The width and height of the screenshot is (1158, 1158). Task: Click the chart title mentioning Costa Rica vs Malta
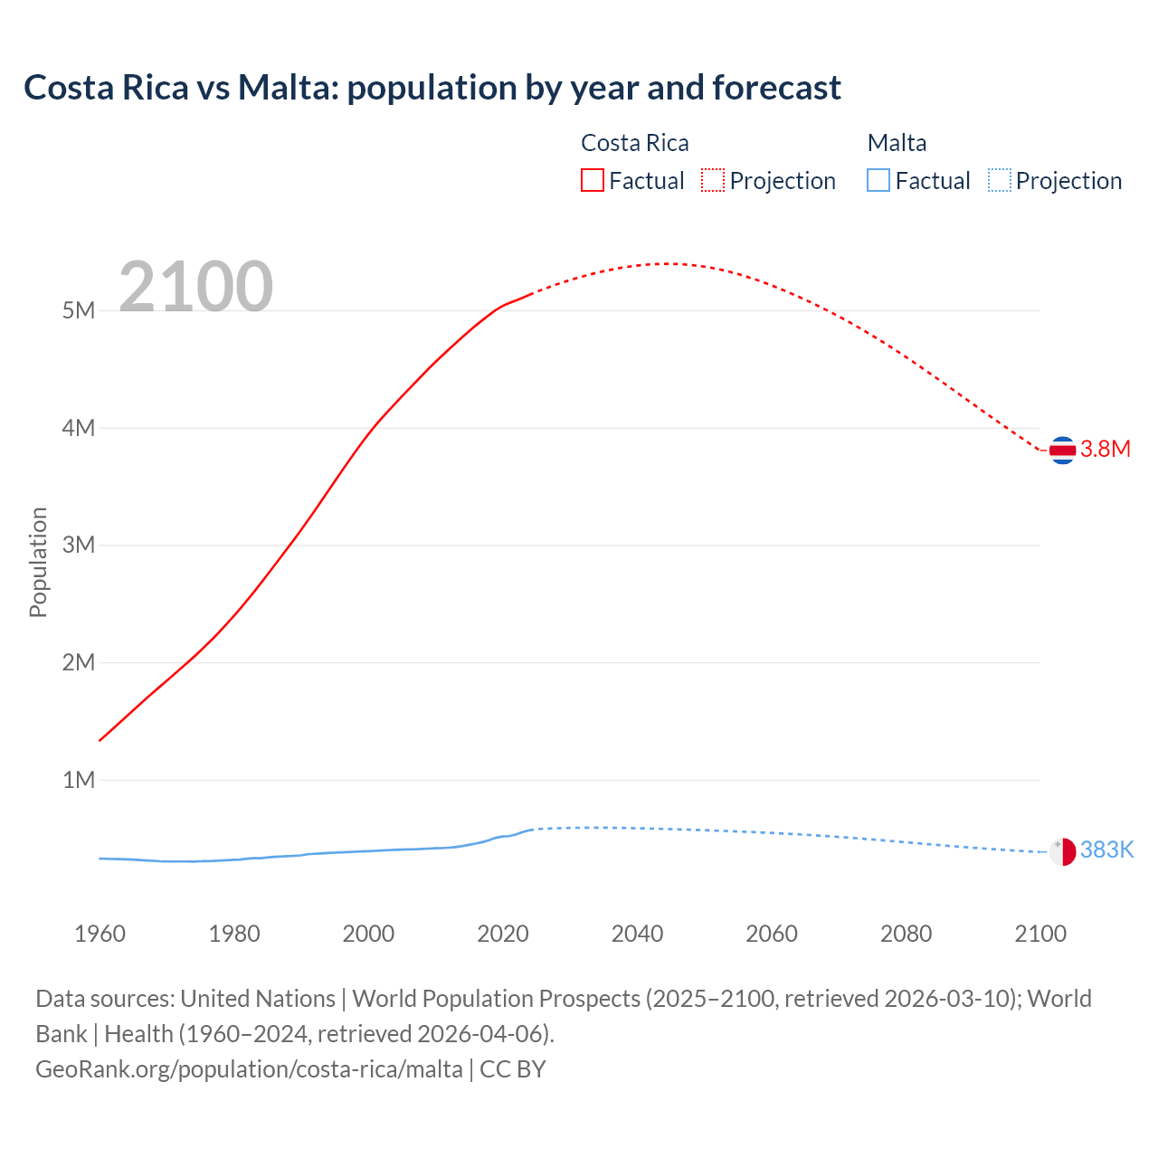(432, 88)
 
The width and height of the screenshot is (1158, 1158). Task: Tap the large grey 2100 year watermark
(195, 287)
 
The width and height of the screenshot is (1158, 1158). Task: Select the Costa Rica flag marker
(1062, 450)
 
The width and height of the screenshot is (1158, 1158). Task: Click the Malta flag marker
(1062, 851)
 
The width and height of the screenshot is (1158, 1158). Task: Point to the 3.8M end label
(1106, 450)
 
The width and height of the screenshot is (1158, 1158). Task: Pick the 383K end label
(1106, 850)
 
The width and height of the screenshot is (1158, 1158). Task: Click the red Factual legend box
(592, 180)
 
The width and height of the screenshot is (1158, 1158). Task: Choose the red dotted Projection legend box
(713, 180)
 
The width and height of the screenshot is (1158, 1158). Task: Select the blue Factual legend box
(878, 180)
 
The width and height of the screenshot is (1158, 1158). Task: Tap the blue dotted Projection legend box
(999, 180)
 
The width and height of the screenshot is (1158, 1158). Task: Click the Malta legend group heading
(897, 143)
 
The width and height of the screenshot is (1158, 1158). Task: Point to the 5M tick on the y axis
(79, 310)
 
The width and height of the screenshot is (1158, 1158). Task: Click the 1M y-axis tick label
(79, 780)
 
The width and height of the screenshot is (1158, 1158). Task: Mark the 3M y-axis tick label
(79, 545)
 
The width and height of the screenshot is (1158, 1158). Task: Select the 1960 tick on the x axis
(100, 934)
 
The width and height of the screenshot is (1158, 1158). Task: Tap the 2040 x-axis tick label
(637, 934)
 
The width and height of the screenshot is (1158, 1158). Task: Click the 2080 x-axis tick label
(906, 934)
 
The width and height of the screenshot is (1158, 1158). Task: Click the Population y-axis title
(38, 562)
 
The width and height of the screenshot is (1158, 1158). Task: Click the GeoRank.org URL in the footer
(249, 1069)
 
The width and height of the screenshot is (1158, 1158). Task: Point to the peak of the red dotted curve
(666, 263)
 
